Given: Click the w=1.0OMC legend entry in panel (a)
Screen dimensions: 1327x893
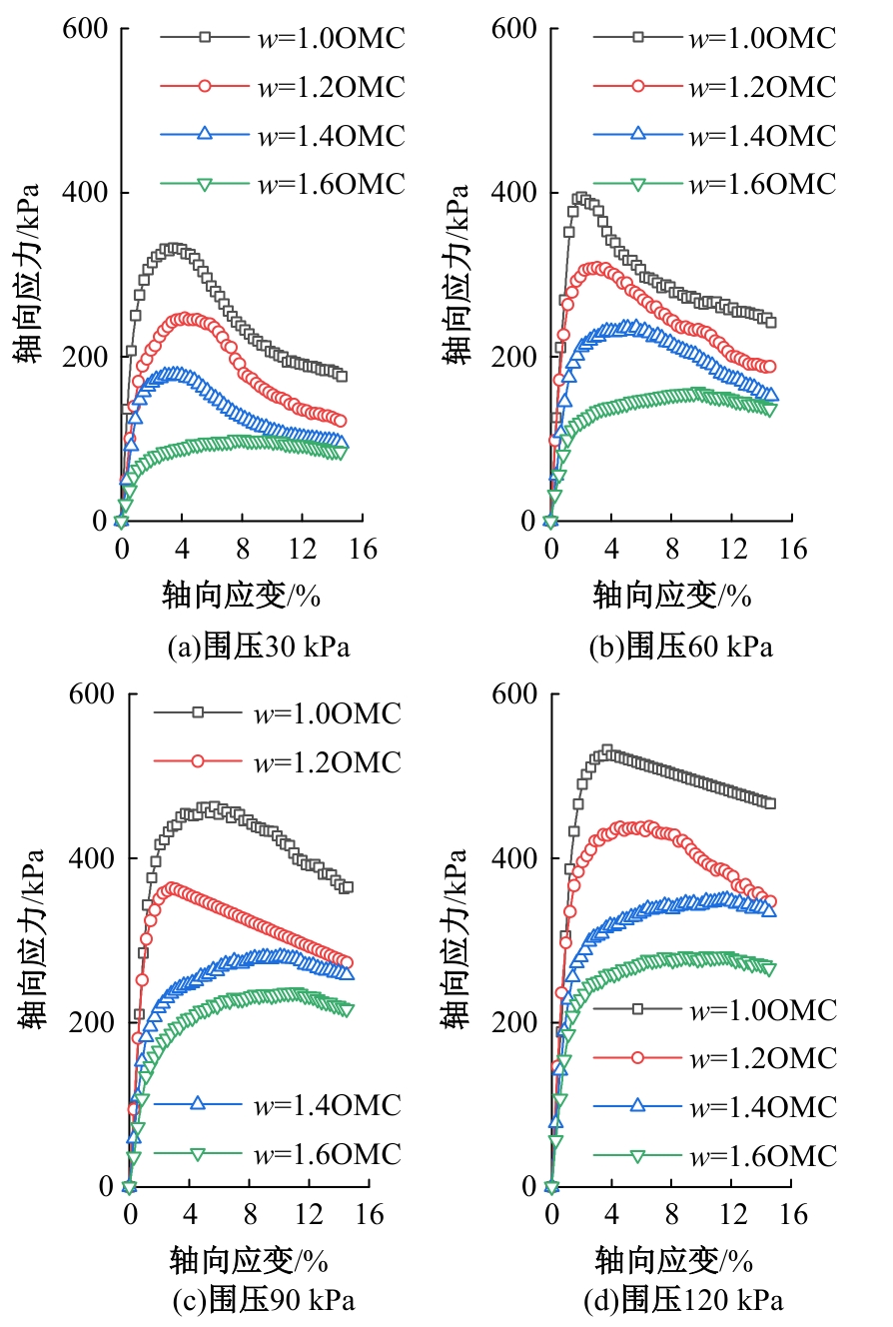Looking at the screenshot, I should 283,39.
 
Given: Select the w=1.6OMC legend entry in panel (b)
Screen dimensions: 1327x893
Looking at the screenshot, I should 714,184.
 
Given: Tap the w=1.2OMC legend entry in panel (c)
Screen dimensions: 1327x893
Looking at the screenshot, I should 277,762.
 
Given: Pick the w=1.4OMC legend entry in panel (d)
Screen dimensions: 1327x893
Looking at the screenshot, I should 714,1106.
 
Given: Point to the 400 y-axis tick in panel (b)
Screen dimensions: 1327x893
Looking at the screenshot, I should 514,193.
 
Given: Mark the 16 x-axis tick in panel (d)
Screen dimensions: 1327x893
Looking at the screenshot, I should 792,1213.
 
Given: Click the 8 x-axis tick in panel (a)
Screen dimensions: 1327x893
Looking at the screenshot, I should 242,549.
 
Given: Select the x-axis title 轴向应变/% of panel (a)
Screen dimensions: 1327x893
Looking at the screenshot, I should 241,596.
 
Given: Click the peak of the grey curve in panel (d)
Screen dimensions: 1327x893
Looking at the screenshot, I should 606,749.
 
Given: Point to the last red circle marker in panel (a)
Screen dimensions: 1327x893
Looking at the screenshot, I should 340,421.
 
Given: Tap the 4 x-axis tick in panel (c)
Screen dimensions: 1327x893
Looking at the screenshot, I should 190,1213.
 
